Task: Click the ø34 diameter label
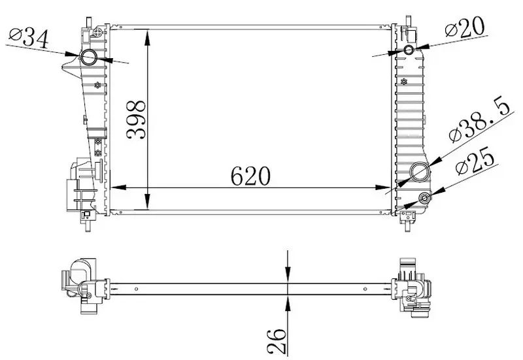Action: [29, 38]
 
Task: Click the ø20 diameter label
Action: [465, 27]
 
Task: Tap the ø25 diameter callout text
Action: [475, 161]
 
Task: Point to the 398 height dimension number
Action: [136, 120]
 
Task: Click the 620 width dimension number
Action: [250, 176]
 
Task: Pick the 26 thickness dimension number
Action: [277, 341]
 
